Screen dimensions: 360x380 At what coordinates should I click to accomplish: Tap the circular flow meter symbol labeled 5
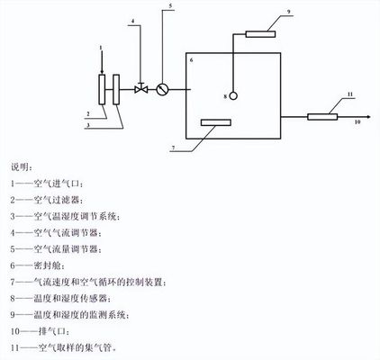(162, 89)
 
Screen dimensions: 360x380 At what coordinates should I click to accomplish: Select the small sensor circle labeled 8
(232, 95)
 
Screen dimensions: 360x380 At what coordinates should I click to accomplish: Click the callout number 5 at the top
(166, 7)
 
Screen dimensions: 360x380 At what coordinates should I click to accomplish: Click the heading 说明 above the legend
(21, 167)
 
